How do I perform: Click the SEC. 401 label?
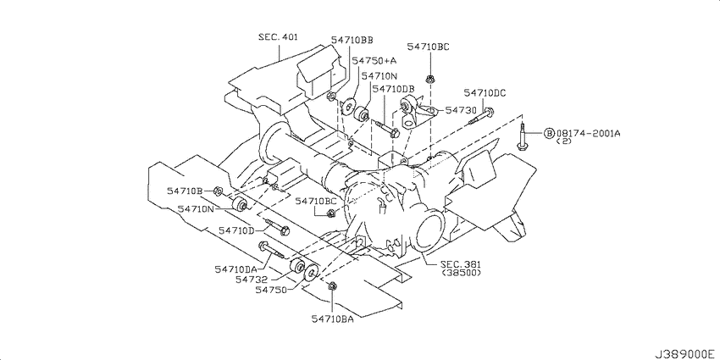point(277,36)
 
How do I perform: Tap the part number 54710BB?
point(352,41)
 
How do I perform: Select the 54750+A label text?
point(374,61)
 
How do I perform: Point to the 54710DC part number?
point(485,93)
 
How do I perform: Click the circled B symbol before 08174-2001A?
point(549,133)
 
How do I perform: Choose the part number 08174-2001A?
point(588,133)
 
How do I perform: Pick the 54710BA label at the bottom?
point(332,319)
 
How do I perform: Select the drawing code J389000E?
point(684,354)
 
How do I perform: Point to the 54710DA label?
point(235,269)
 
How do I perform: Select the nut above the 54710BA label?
point(332,286)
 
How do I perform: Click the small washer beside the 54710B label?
point(219,190)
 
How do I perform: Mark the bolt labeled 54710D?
point(277,226)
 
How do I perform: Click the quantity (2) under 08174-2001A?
point(563,141)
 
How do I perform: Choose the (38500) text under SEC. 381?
point(461,273)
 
